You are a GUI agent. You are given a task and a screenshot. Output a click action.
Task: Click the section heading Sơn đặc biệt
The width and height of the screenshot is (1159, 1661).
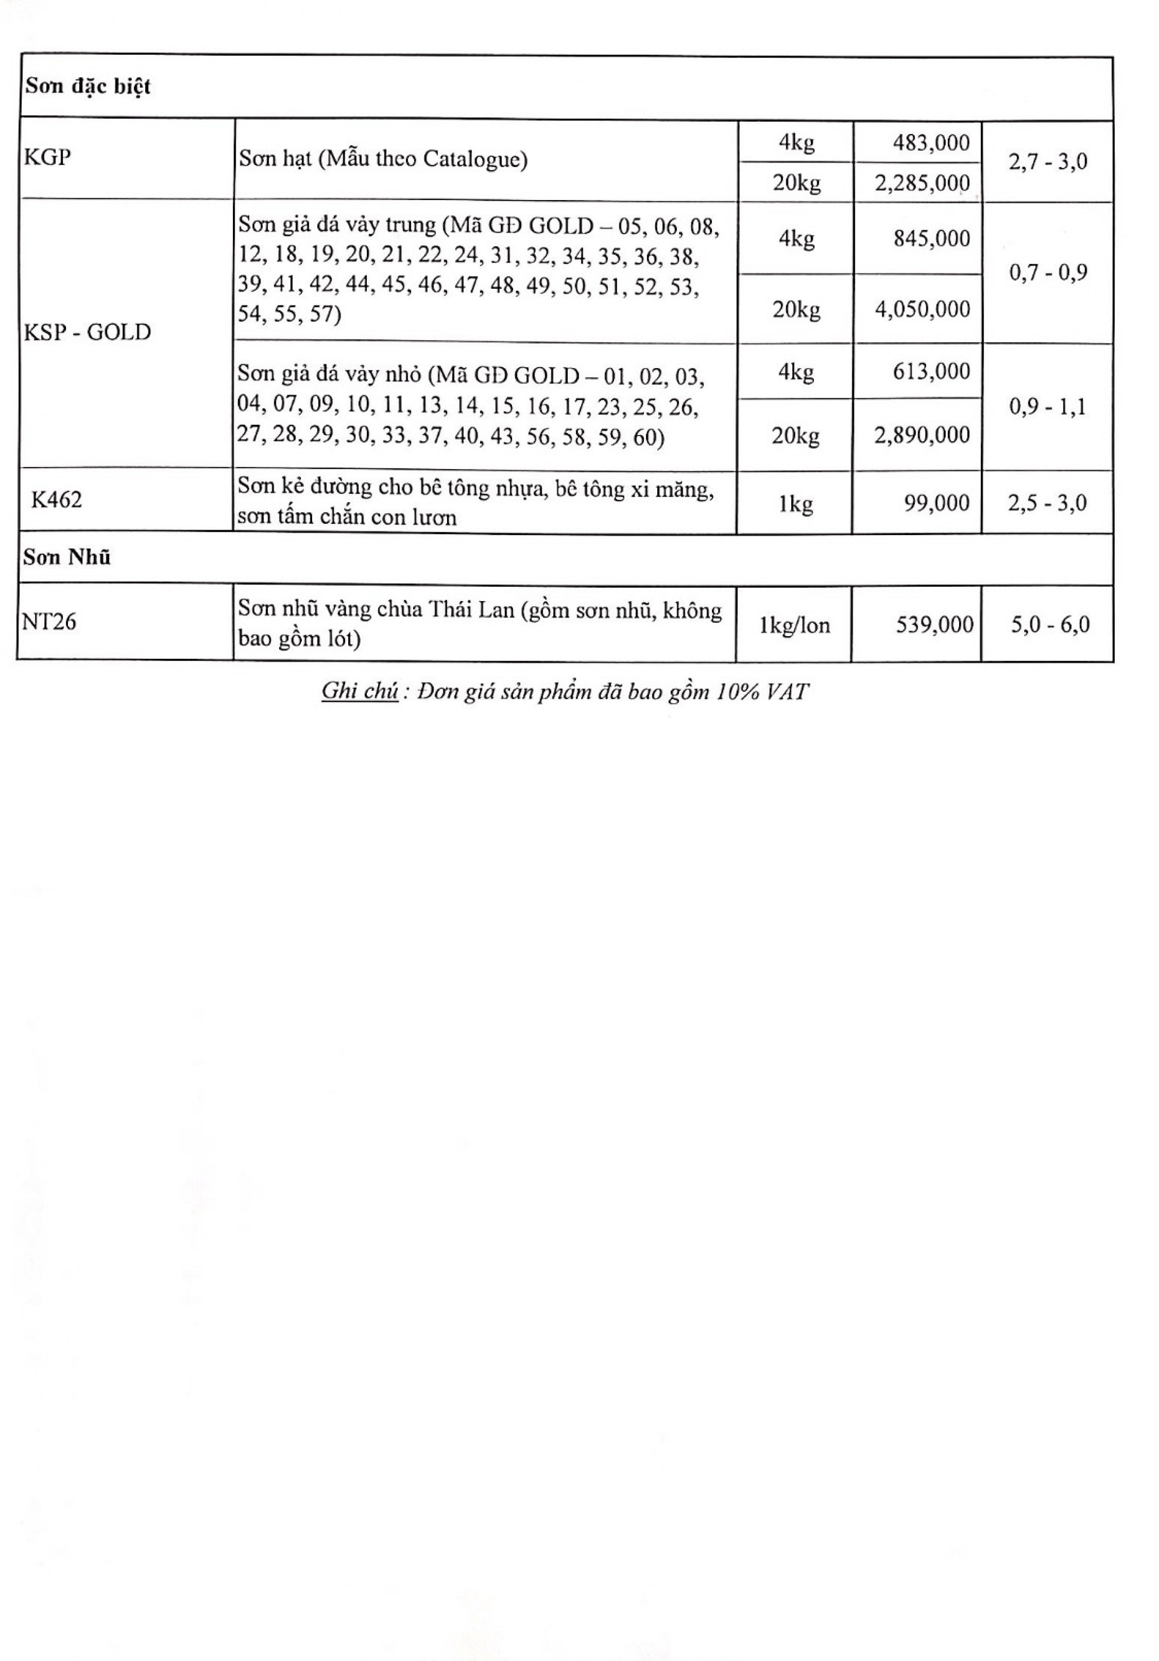click(x=88, y=87)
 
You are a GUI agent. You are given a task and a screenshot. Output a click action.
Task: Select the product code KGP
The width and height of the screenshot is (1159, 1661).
click(x=48, y=157)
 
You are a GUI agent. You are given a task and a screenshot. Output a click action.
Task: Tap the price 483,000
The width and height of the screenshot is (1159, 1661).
click(x=931, y=142)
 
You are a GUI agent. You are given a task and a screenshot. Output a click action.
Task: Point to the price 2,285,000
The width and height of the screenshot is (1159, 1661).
click(x=922, y=183)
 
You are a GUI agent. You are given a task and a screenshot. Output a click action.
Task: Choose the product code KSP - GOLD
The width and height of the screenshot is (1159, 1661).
click(x=88, y=332)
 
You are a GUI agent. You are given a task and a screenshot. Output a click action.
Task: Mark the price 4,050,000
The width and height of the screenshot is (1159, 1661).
click(x=922, y=309)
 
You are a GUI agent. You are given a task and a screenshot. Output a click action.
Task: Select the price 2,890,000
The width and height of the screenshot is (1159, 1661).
click(x=922, y=435)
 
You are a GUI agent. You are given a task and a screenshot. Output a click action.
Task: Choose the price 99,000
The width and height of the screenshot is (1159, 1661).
click(x=936, y=503)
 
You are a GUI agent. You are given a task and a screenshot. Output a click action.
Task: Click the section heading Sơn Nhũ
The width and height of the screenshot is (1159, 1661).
click(x=66, y=558)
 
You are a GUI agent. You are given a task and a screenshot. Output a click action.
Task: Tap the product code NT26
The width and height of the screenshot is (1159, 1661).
click(x=49, y=621)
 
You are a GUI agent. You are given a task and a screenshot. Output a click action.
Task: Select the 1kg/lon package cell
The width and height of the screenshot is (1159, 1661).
click(x=794, y=624)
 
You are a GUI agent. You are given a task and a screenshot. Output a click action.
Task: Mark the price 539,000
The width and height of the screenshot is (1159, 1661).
click(x=934, y=624)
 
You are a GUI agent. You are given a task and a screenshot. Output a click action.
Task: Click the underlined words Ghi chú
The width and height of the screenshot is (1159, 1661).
click(x=359, y=692)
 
